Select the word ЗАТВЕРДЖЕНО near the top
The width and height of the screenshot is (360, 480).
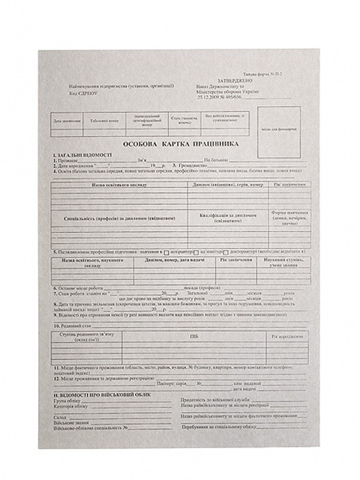coord(223,80)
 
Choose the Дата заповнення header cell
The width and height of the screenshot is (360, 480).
coord(65,121)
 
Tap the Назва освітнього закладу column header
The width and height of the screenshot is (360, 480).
coord(119,185)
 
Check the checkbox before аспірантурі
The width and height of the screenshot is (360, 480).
coord(166,253)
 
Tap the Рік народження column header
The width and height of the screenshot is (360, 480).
coord(289,337)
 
